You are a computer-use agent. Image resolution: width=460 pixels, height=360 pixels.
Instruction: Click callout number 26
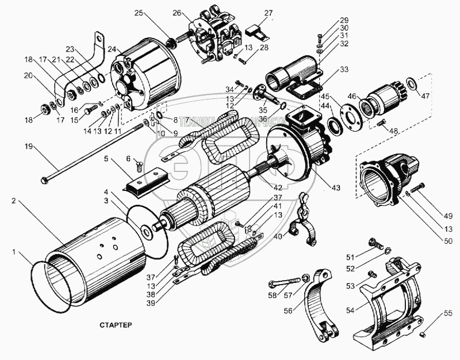(176, 13)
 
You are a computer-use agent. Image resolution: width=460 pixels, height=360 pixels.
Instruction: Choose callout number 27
(268, 13)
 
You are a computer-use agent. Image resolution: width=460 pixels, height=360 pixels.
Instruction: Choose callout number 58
(273, 295)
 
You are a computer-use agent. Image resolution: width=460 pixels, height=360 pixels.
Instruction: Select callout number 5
(107, 158)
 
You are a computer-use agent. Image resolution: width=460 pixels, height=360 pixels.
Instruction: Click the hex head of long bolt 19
(45, 181)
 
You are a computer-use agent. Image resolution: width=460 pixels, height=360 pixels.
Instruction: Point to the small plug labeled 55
(423, 334)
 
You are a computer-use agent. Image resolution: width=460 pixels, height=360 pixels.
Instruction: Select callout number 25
(138, 13)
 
